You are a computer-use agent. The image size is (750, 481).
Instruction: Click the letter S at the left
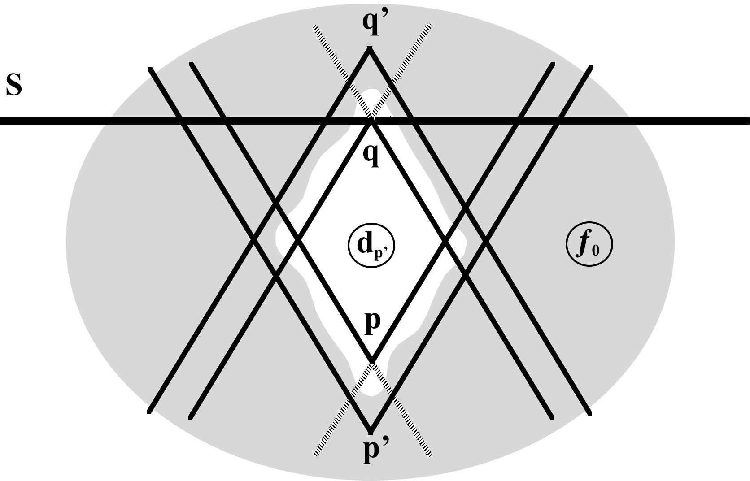[x=14, y=86]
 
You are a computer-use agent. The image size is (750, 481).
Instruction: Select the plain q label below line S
[x=371, y=155]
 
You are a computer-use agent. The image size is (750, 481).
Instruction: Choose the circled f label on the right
[x=589, y=245]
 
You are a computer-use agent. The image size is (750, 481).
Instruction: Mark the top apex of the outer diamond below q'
[x=370, y=49]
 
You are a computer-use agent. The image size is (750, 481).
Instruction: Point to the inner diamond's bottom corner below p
[x=372, y=361]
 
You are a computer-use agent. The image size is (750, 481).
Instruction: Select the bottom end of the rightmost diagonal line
[x=590, y=412]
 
